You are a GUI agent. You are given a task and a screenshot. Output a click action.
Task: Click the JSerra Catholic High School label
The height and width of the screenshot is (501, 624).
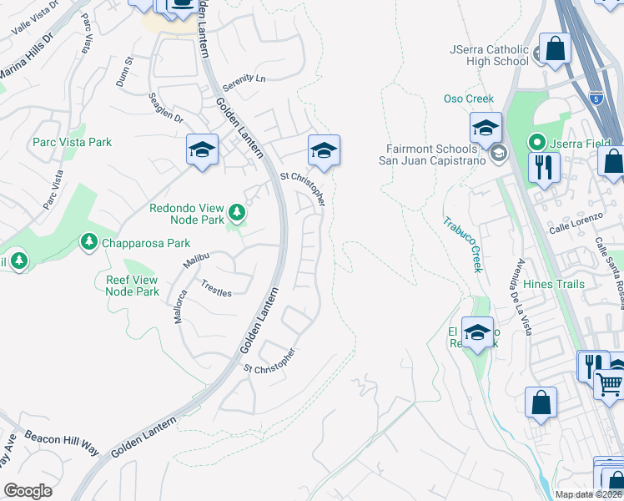pyautogui.click(x=489, y=55)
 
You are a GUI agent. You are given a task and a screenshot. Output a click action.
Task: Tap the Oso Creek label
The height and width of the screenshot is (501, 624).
pyautogui.click(x=469, y=99)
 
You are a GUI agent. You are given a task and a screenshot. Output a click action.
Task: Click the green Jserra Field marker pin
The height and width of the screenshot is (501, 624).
pyautogui.click(x=539, y=143)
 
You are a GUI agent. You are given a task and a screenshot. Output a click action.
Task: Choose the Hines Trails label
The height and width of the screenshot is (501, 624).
pyautogui.click(x=554, y=285)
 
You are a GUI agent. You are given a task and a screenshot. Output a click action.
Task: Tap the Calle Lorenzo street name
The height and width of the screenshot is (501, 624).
pyautogui.click(x=576, y=229)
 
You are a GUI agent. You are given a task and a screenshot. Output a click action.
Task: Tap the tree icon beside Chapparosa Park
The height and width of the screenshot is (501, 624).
pyautogui.click(x=88, y=241)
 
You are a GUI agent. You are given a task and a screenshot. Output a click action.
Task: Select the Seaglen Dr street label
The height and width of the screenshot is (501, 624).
pyautogui.click(x=166, y=108)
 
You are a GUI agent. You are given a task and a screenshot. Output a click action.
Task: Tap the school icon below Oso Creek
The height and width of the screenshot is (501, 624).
pyautogui.click(x=485, y=128)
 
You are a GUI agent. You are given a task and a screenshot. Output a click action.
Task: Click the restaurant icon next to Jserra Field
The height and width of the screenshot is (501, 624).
pyautogui.click(x=544, y=167)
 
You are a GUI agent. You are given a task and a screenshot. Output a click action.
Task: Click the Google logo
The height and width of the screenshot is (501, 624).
pyautogui.click(x=28, y=491)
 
